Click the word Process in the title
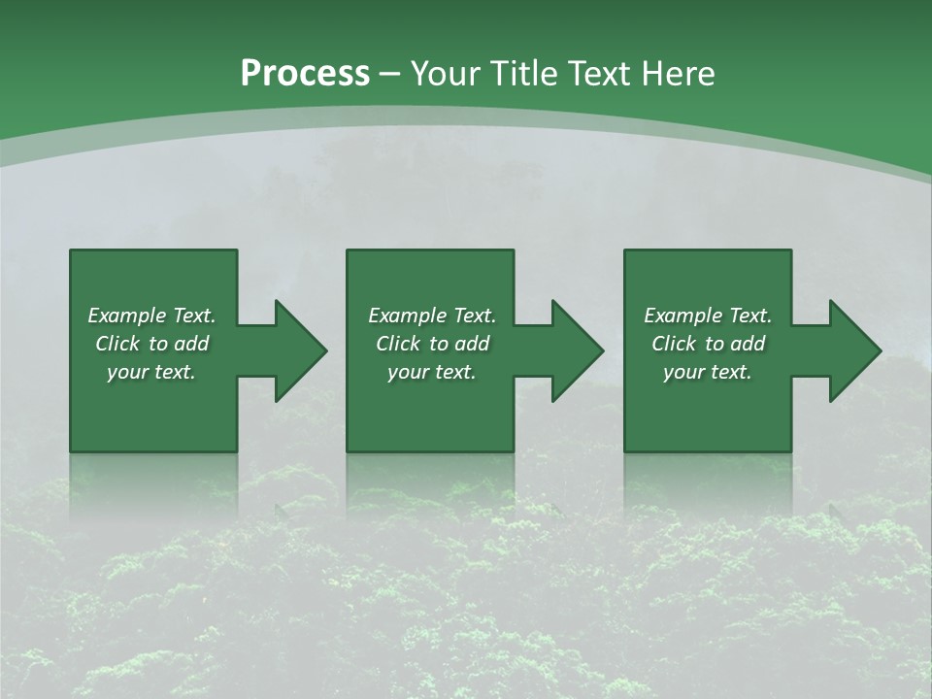pos(305,74)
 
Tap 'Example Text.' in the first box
pos(151,316)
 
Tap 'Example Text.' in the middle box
pos(432,316)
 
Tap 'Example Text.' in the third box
pos(708,316)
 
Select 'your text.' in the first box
pos(151,372)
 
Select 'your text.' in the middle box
pos(432,372)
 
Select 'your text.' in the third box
pos(708,372)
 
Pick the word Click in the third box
pos(675,344)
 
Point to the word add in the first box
pos(191,344)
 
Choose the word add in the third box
pos(748,344)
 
